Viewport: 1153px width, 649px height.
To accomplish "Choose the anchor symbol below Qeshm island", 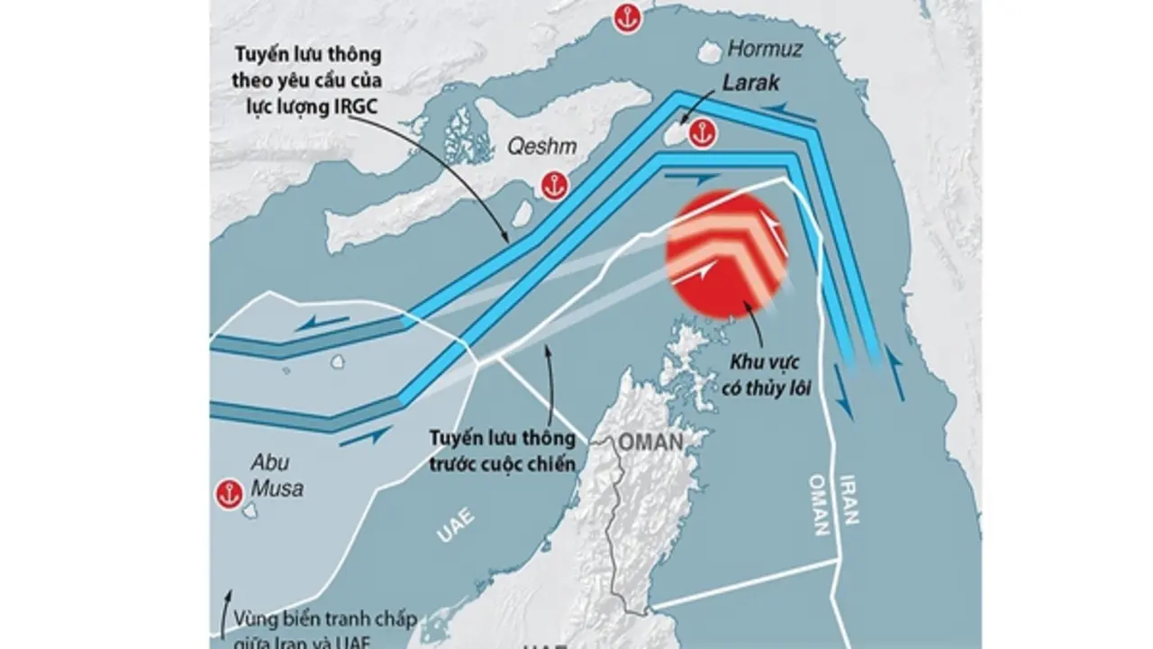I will click(552, 185).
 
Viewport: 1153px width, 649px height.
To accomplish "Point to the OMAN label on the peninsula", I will click(649, 442).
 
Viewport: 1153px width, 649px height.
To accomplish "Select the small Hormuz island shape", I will click(710, 50).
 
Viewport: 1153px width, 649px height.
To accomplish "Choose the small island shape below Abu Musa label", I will click(250, 512).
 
